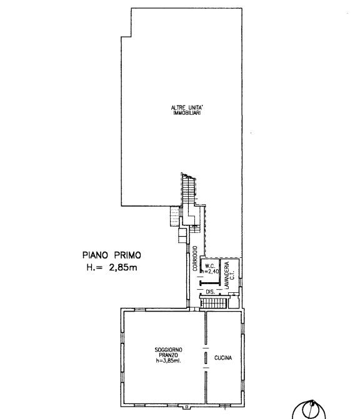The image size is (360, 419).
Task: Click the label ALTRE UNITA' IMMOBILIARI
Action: [x=186, y=111]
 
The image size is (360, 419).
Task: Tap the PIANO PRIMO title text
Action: [x=111, y=255]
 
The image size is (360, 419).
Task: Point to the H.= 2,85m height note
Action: [x=111, y=267]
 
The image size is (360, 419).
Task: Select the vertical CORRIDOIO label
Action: [x=195, y=259]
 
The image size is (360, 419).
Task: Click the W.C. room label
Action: [x=210, y=267]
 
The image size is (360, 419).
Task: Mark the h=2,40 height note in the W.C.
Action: [x=210, y=272]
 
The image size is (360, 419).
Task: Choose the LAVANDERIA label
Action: [x=227, y=275]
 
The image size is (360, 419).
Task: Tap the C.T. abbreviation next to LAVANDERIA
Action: [x=232, y=275]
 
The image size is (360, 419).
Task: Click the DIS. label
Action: [x=210, y=292]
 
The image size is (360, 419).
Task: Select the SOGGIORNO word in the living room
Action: [x=168, y=350]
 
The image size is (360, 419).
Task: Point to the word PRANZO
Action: [x=168, y=355]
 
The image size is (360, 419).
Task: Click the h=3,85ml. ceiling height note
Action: [x=168, y=360]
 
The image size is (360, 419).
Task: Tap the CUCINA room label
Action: [x=223, y=358]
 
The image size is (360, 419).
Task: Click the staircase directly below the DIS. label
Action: [x=213, y=303]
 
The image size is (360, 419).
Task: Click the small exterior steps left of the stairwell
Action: [x=174, y=216]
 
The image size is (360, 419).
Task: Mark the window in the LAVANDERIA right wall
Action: [x=241, y=282]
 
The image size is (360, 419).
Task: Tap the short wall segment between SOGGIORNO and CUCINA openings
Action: [x=206, y=358]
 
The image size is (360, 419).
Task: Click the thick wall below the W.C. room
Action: [x=210, y=283]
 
